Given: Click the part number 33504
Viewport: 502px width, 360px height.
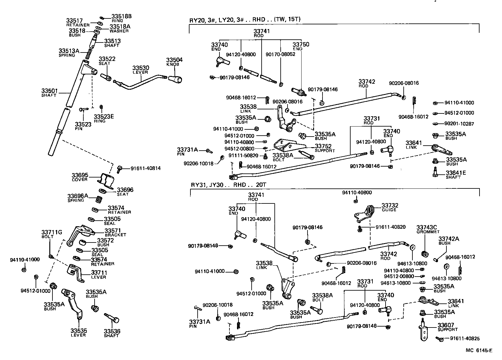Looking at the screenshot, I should (x=174, y=60).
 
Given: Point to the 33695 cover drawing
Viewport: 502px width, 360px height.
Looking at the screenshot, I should (x=106, y=180).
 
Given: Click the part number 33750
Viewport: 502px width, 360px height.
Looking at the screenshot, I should (x=301, y=45).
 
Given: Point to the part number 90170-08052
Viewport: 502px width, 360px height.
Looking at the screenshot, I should (x=280, y=54).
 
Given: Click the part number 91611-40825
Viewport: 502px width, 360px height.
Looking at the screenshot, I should (x=465, y=338).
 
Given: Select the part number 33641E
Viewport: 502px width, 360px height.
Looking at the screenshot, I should (x=455, y=173).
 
